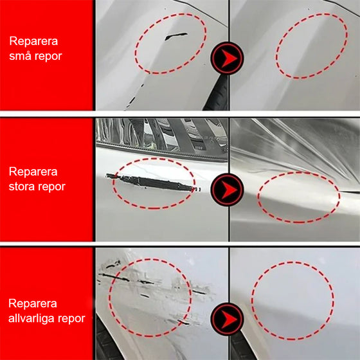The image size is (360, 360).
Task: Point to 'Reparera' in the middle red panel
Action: (33, 172)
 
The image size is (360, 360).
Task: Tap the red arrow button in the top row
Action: (228, 59)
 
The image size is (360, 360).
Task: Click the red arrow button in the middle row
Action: (228, 188)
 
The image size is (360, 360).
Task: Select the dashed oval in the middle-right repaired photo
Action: (299, 198)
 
